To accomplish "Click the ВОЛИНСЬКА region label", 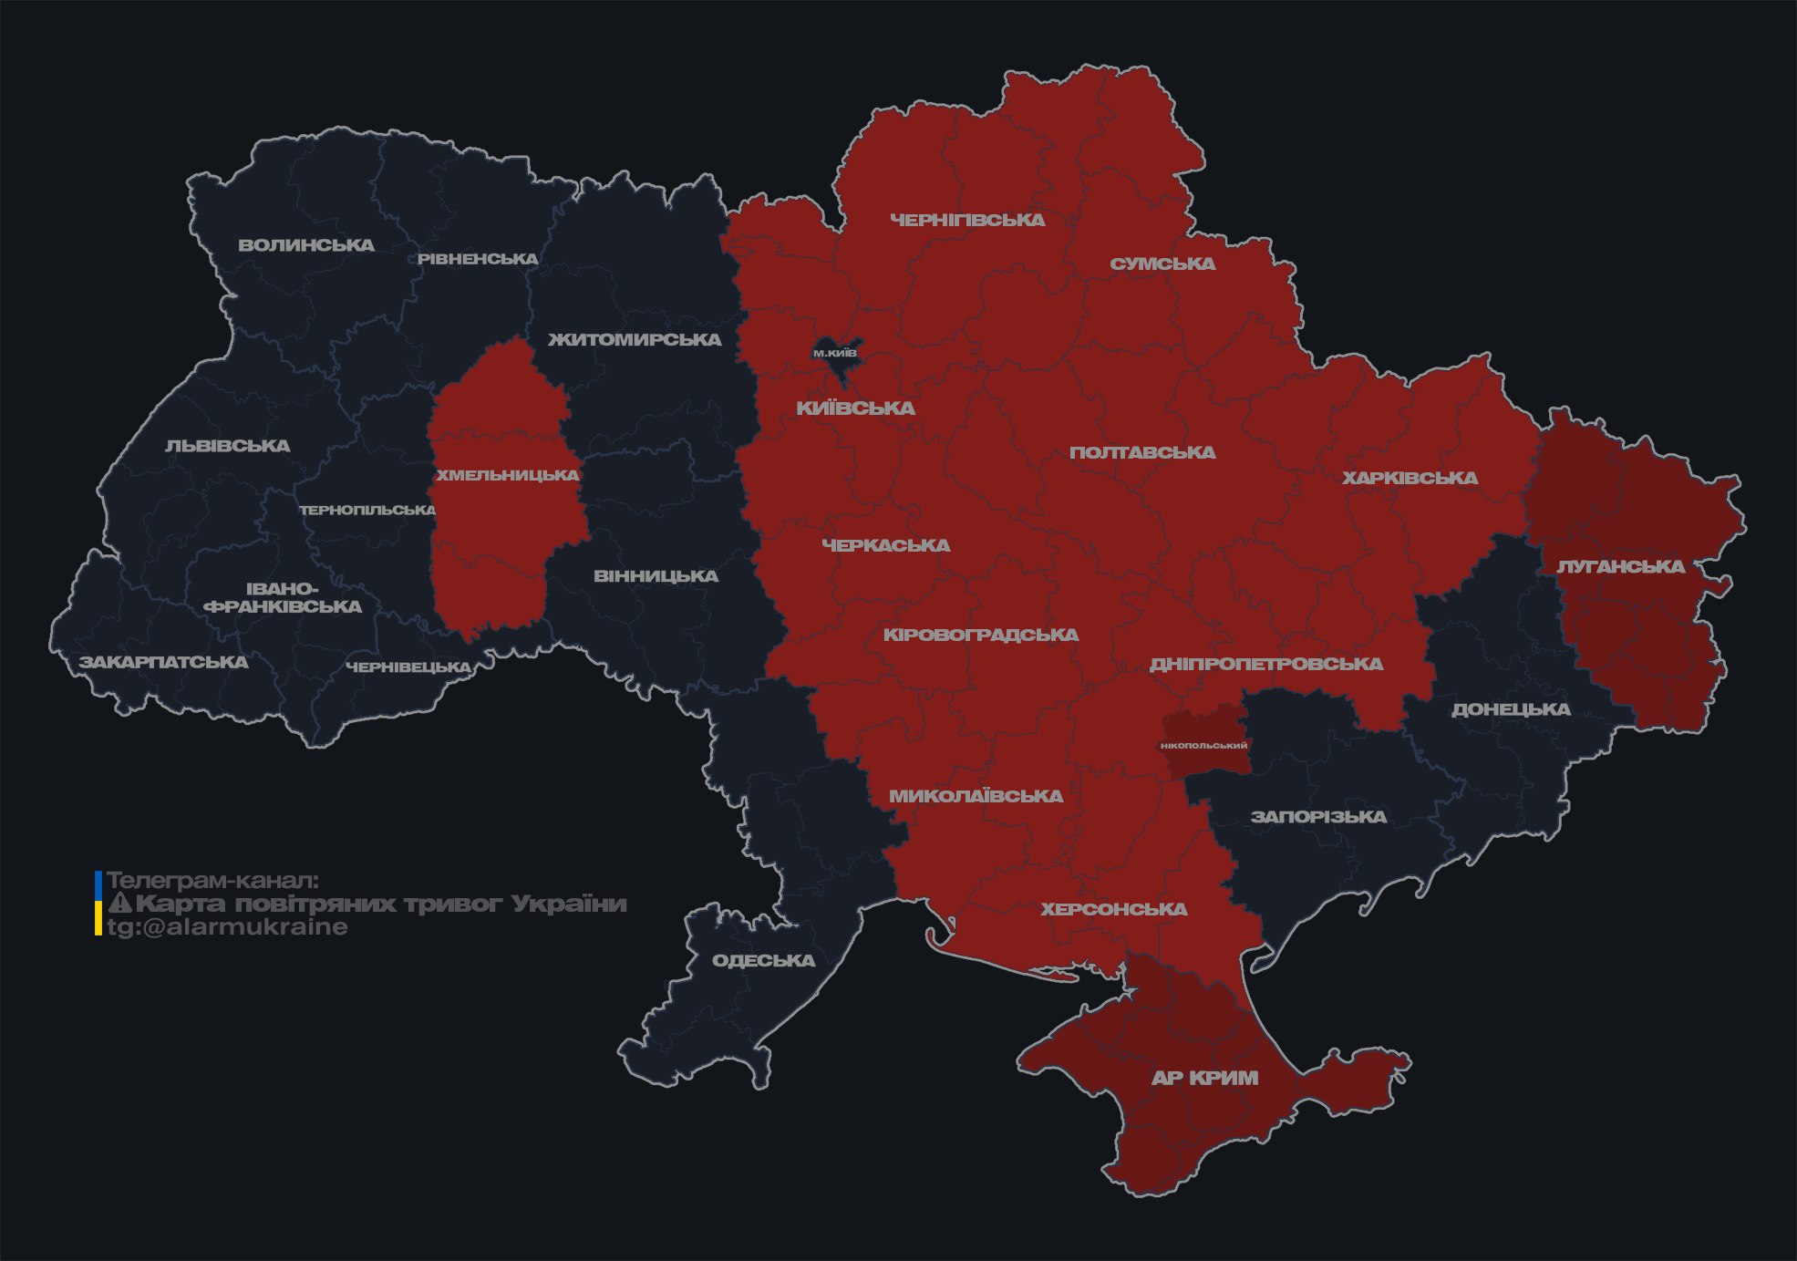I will coord(306,245).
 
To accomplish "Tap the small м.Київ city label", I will coord(834,353).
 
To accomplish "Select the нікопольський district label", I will coord(1203,745).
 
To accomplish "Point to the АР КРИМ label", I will coord(1204,1078).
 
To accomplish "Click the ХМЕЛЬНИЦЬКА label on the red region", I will coord(507,475).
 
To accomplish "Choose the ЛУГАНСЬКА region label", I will coord(1620,566).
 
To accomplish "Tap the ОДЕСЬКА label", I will coord(763,960).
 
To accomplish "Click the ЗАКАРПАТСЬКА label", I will coord(163,662).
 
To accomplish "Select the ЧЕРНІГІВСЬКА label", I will coord(967,220).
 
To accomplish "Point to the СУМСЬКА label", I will coord(1162,264).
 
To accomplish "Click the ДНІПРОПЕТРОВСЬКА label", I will coord(1265,664).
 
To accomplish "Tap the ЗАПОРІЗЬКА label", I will coord(1318,817).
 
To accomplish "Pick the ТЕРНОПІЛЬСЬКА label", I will coord(367,510).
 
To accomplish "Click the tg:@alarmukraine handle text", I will coord(227,927).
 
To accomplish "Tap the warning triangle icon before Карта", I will coord(120,904).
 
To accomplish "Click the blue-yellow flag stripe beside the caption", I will coord(98,904).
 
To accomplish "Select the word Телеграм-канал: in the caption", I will coord(212,881).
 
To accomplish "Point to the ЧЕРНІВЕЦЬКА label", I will coord(408,667).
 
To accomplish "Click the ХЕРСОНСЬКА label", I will coord(1114,909).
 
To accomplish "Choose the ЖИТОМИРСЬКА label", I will coord(635,340).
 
